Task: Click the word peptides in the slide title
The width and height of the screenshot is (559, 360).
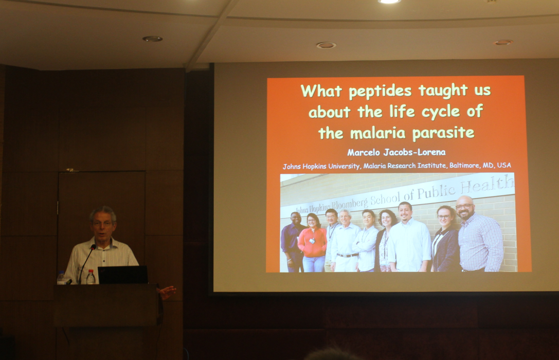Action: click(x=380, y=91)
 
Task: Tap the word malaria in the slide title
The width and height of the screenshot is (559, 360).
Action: click(x=378, y=133)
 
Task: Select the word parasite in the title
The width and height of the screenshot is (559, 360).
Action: click(x=443, y=134)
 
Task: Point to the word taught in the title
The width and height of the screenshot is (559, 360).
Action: click(x=443, y=91)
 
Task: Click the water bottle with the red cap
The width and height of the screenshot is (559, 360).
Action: click(x=91, y=277)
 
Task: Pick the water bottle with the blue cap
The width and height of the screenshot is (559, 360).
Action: click(x=61, y=278)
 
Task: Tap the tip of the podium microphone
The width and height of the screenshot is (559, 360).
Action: click(x=94, y=246)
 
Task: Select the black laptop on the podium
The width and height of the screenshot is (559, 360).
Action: click(x=123, y=275)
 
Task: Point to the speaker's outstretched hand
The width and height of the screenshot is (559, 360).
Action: click(x=167, y=292)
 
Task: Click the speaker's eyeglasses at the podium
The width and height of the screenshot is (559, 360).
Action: click(x=102, y=224)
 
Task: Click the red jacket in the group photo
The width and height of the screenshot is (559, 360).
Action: click(x=312, y=242)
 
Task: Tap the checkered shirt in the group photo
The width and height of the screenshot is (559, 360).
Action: click(x=480, y=242)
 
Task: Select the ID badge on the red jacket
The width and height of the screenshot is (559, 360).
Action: click(x=312, y=241)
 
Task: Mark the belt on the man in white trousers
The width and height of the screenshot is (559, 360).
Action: click(x=347, y=255)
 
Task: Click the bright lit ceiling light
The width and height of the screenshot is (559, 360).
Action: click(x=389, y=2)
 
